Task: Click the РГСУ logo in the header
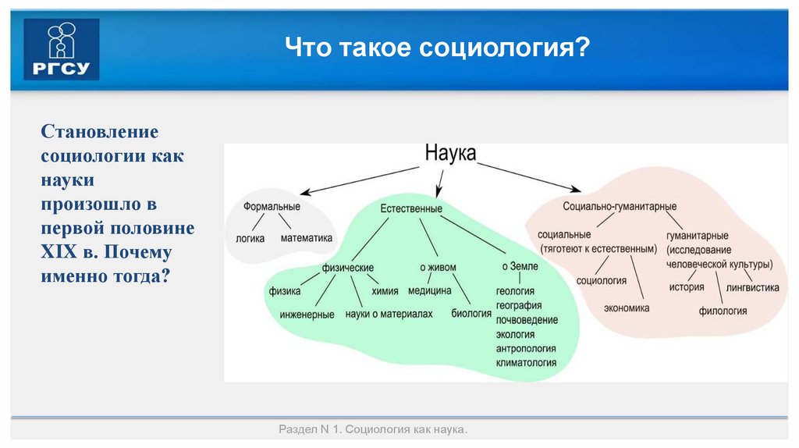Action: [x=62, y=49]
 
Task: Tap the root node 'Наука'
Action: [x=450, y=152]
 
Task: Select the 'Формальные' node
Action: [x=272, y=207]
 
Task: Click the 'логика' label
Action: [x=250, y=238]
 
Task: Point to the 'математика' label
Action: [x=307, y=238]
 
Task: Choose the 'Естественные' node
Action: [x=411, y=208]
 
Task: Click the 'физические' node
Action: [x=348, y=268]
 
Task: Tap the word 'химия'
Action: [x=385, y=291]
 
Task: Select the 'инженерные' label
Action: [x=307, y=315]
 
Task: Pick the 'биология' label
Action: [x=471, y=314]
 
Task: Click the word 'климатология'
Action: [x=526, y=363]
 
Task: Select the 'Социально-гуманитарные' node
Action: [x=620, y=207]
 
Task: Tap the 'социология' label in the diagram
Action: [x=602, y=279]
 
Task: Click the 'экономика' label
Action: [x=627, y=308]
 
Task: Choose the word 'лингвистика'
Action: [x=752, y=287]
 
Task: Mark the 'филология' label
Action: [x=723, y=311]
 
